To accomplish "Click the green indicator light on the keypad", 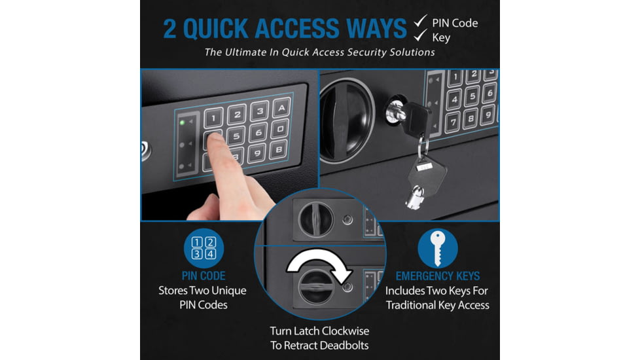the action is tap(182, 122).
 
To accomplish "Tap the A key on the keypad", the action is tap(281, 108).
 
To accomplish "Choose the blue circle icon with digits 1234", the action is tap(204, 249).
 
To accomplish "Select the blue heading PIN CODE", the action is tap(204, 276).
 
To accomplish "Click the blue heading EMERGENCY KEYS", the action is tap(438, 276).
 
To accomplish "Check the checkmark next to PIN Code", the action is tap(420, 21).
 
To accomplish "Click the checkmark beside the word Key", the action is tap(420, 35).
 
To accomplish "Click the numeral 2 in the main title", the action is tap(169, 29).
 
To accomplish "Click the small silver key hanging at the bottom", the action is tap(415, 198).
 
